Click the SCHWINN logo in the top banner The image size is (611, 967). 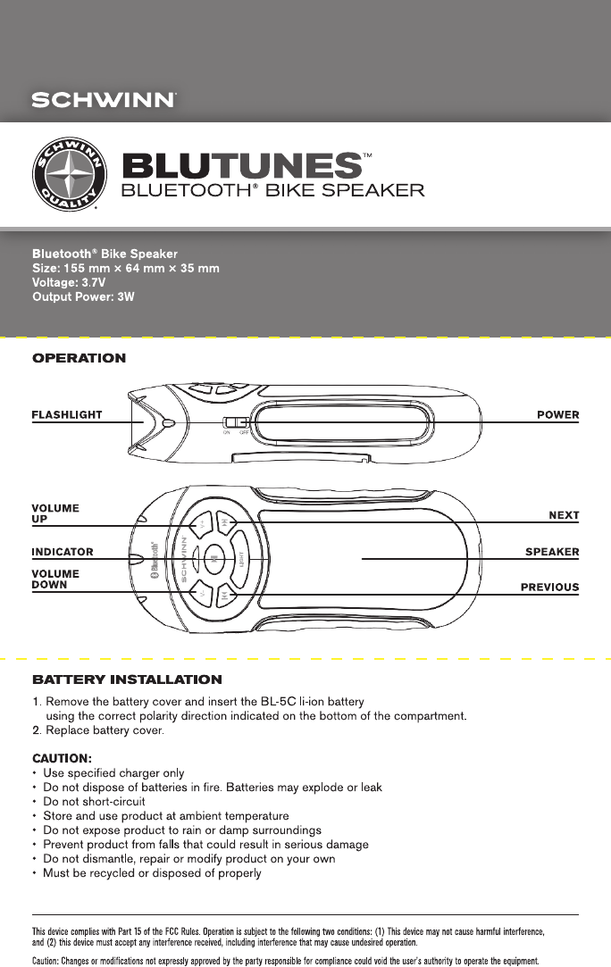104,99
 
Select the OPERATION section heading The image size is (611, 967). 80,358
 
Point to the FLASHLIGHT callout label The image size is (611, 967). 67,414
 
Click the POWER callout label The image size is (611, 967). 557,414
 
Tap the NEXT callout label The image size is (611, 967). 563,515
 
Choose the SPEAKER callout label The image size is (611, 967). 552,552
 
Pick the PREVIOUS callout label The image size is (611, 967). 550,588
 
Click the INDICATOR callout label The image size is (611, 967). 63,552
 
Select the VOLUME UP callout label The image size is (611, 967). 55,513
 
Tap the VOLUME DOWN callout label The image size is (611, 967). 55,579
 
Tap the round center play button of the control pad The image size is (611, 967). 214,559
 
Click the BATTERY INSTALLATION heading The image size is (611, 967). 127,680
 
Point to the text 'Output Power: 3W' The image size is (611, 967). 83,296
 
